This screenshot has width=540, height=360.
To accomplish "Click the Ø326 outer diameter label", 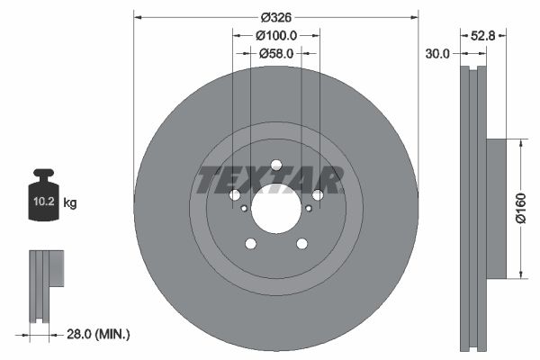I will point(276,17).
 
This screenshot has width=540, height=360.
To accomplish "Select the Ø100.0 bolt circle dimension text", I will point(276,35).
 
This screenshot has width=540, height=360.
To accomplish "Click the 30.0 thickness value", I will point(437,54).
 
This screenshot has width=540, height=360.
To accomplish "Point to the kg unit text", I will point(70,203).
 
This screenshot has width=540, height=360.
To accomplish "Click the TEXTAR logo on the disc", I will point(270,180).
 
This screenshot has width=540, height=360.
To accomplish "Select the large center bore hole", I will point(276,210).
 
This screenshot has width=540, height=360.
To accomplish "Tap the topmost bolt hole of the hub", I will point(276,165).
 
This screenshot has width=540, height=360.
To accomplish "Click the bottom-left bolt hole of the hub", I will point(250,244).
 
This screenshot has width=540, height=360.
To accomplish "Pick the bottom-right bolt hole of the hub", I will point(302,244).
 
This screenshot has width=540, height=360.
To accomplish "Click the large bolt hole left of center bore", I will point(234,195).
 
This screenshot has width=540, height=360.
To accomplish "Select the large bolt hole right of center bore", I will point(319,195).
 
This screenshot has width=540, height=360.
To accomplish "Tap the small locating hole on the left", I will point(244,208).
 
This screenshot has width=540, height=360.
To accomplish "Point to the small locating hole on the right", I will point(309,208).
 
